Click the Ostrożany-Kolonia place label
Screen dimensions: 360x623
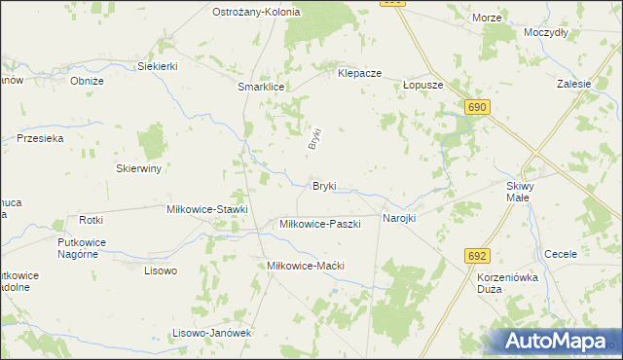pyautogui.click(x=256, y=12)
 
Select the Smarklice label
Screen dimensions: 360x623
pyautogui.click(x=261, y=87)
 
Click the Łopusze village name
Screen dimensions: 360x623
pyautogui.click(x=423, y=85)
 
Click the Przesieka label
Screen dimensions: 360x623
pyautogui.click(x=40, y=139)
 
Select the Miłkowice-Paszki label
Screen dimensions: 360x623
pyautogui.click(x=320, y=224)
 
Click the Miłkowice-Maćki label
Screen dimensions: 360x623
pyautogui.click(x=307, y=265)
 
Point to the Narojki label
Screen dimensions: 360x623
pyautogui.click(x=399, y=218)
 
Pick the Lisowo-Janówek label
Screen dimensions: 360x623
pyautogui.click(x=212, y=333)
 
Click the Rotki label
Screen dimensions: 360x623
pyautogui.click(x=92, y=220)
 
